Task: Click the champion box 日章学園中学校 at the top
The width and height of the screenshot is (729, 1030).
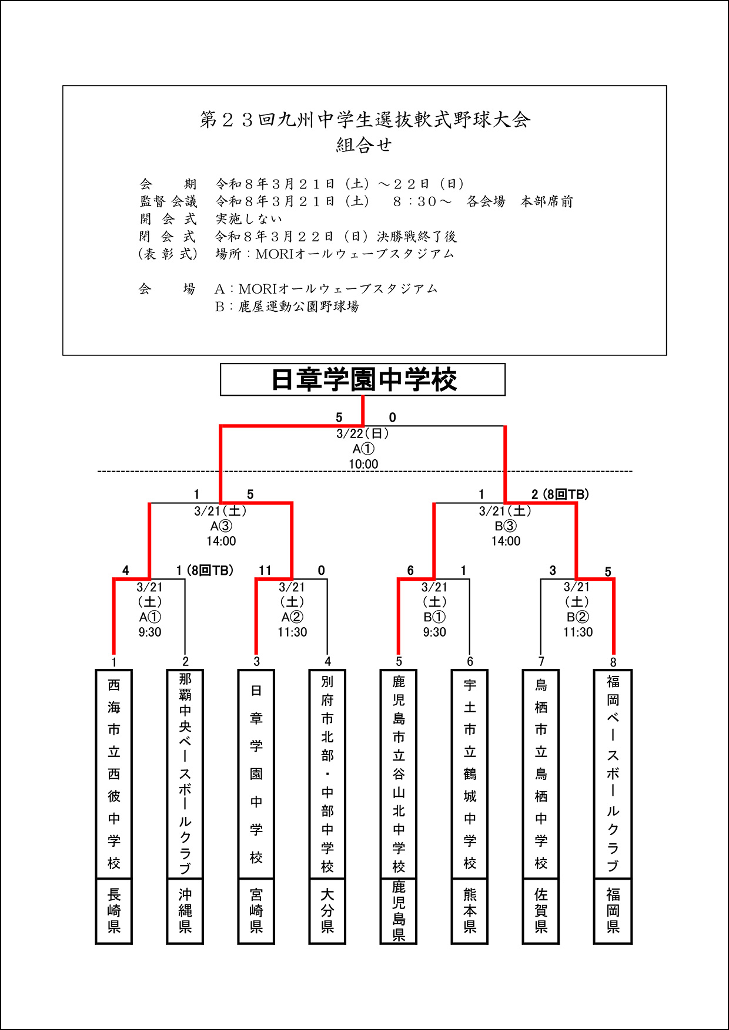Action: coord(363,379)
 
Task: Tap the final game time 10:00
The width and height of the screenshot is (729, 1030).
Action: coord(363,464)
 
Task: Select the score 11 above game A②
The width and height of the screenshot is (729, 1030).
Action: coord(265,570)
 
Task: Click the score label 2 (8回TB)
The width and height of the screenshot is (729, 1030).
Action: coord(560,494)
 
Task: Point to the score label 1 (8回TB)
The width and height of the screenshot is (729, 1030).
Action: coord(205,570)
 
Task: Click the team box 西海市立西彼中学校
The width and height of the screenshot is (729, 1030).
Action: coord(114,774)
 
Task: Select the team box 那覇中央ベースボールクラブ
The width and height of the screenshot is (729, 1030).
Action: coord(185,774)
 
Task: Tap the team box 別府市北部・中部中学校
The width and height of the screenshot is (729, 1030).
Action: coord(327,774)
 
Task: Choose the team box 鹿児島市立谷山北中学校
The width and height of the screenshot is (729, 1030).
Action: coord(399,774)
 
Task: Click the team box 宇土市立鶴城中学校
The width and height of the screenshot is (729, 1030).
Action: coord(470,774)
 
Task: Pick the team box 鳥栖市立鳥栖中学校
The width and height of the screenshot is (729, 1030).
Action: coord(541,774)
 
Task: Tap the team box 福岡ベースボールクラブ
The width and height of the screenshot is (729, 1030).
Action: coord(613,774)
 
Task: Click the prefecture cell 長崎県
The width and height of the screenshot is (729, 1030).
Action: coord(114,911)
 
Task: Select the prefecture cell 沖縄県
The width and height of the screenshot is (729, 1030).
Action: coord(185,911)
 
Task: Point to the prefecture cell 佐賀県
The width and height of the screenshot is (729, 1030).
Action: coord(541,911)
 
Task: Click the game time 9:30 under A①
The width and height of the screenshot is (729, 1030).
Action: coord(150,632)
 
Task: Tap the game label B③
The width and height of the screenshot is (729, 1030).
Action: coord(506,526)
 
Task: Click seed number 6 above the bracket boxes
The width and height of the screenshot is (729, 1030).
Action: coord(470,662)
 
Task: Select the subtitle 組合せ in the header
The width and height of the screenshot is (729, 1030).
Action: coord(364,145)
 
